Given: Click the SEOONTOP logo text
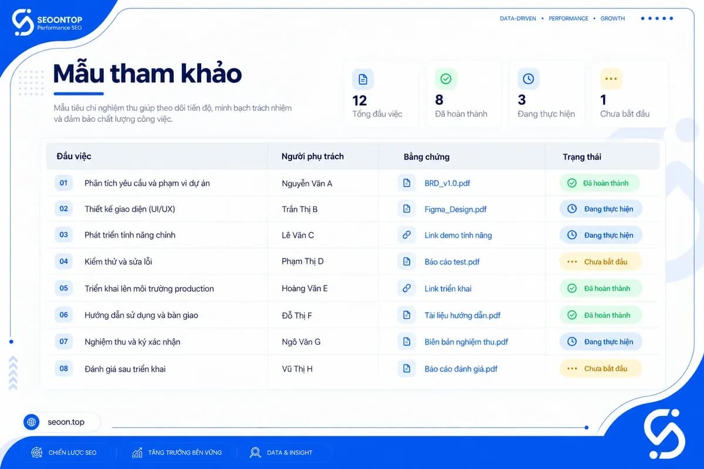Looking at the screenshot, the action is pos(60,20).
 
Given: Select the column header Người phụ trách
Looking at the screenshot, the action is pos(312,157).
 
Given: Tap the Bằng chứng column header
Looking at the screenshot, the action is pos(427,157).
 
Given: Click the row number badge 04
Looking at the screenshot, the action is pos(63,261).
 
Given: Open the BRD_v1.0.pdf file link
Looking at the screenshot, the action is pos(447,183).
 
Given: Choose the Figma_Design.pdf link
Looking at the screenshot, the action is pos(455,209).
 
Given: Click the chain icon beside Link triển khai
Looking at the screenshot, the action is pos(407,288).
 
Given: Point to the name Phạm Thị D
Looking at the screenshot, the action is pos(302,261).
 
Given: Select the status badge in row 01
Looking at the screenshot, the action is pos(600,183).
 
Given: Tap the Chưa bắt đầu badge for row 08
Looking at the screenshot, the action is pos(600,369).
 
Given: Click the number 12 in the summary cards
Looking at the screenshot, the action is pos(360,101).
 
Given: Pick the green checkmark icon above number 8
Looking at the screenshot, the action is pos(446,79).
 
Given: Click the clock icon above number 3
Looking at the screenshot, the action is pos(529,79).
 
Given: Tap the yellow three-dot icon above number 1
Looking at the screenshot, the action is pos(611,79).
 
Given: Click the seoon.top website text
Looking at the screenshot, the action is pos(66,422).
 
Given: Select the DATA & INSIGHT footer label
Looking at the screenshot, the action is pos(289,453).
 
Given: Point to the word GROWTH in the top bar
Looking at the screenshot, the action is pos(612,19).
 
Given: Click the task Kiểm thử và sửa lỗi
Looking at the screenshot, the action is pos(118,261).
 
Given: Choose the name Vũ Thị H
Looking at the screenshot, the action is pos(297,369).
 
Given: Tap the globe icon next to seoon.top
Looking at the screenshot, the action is pos(32,422).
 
